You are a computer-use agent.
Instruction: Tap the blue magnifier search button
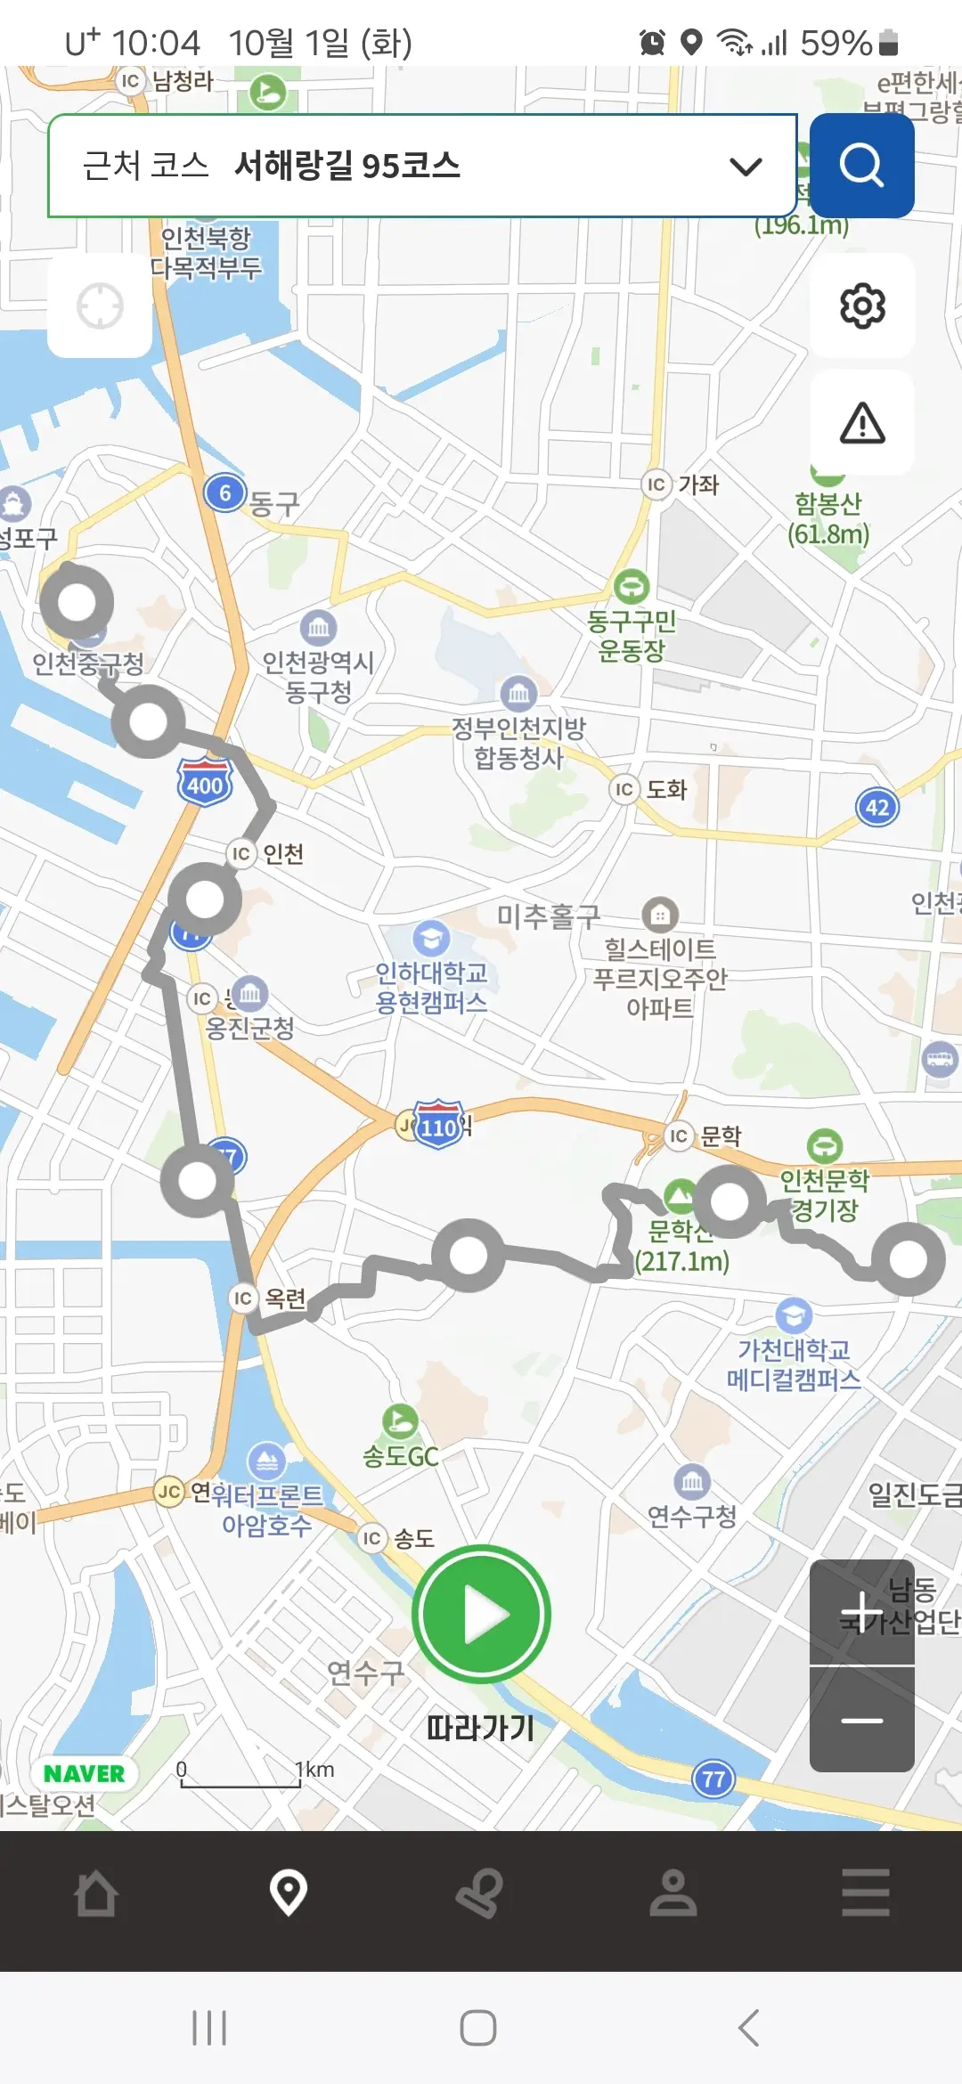pyautogui.click(x=861, y=166)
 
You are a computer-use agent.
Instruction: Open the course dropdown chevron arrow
pyautogui.click(x=746, y=166)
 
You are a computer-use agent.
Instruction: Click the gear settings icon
pyautogui.click(x=862, y=306)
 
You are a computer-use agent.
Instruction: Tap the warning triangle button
pyautogui.click(x=862, y=423)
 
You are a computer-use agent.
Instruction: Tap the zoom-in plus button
pyautogui.click(x=861, y=1611)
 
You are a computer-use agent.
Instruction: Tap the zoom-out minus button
pyautogui.click(x=861, y=1720)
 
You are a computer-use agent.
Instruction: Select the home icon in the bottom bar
pyautogui.click(x=96, y=1893)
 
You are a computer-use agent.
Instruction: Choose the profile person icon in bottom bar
pyautogui.click(x=673, y=1893)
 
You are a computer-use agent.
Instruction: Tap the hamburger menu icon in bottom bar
pyautogui.click(x=865, y=1893)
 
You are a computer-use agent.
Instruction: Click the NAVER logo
pyautogui.click(x=85, y=1773)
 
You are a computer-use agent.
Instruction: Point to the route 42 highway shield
pyautogui.click(x=877, y=808)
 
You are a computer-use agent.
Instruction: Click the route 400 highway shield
pyautogui.click(x=205, y=784)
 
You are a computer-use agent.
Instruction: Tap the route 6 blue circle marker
pyautogui.click(x=225, y=493)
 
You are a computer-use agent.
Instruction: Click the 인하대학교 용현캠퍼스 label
pyautogui.click(x=431, y=987)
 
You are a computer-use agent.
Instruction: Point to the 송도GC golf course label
pyautogui.click(x=400, y=1457)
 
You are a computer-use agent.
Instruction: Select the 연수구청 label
pyautogui.click(x=692, y=1515)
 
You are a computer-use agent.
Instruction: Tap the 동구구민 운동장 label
pyautogui.click(x=632, y=635)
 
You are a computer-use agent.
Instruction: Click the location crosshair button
pyautogui.click(x=100, y=306)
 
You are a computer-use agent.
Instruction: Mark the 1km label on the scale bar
pyautogui.click(x=314, y=1770)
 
